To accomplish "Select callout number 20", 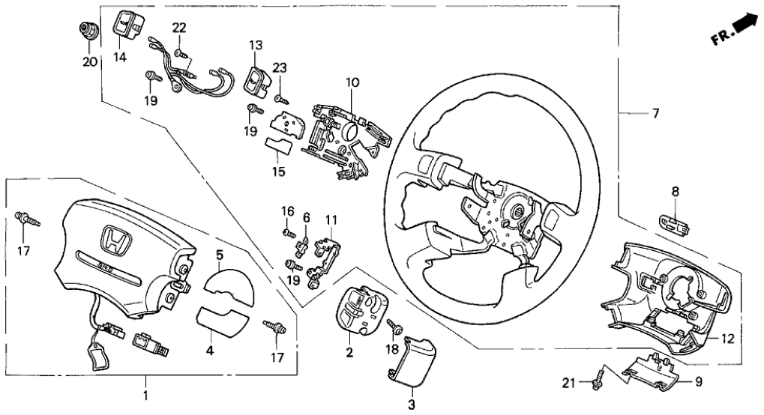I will tap(90, 61).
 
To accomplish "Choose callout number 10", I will tap(352, 82).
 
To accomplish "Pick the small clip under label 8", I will tap(674, 221).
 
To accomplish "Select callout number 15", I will tap(279, 172).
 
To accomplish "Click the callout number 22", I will tap(178, 28).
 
